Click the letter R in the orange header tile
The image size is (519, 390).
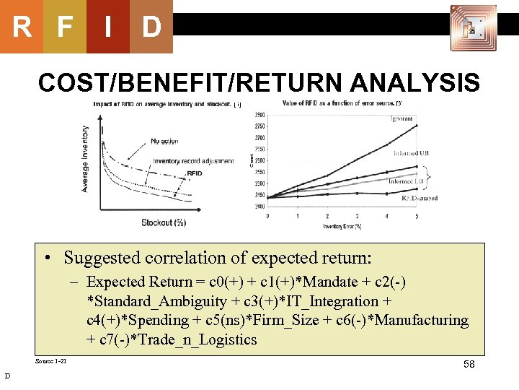[x=22, y=27]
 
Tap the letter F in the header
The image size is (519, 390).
[x=65, y=27]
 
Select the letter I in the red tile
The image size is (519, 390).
[x=107, y=27]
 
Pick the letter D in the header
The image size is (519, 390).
[x=151, y=27]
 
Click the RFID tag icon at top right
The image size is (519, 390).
[x=473, y=27]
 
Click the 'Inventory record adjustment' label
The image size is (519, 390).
[x=193, y=160]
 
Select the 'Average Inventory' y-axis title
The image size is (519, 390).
[x=84, y=159]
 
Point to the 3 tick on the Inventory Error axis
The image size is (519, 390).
[x=358, y=216]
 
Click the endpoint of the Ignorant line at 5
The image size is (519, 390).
[x=417, y=125]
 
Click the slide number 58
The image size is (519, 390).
[x=469, y=365]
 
